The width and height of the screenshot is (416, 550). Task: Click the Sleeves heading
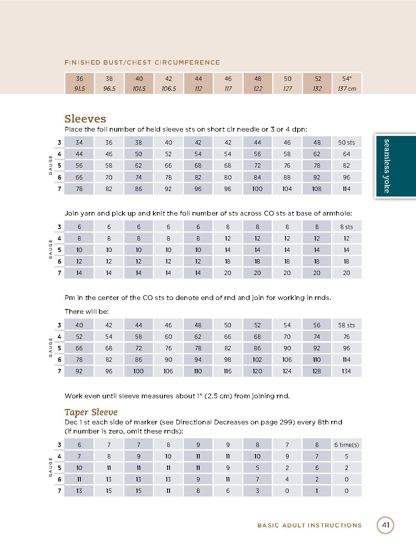point(85,118)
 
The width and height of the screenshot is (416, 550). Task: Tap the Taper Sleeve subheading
point(91,412)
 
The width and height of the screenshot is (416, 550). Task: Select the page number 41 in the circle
point(385,525)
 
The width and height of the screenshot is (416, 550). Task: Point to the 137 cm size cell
point(347,89)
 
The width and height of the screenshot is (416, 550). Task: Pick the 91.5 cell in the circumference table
point(80,89)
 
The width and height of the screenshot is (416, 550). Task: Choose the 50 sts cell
point(347,142)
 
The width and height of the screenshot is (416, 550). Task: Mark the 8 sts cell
point(347,227)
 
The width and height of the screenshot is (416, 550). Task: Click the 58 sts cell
point(347,325)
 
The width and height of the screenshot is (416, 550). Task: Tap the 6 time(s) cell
point(347,445)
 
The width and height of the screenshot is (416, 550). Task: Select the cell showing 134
point(347,371)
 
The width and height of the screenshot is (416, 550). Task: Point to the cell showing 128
point(317,371)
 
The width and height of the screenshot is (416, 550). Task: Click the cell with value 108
point(317,189)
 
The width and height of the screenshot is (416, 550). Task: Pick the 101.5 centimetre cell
point(139,89)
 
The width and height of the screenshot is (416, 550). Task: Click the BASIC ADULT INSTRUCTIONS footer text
point(309,525)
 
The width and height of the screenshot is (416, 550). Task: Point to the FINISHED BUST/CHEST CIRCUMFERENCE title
point(142,63)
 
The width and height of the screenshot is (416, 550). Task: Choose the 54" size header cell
point(347,78)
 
